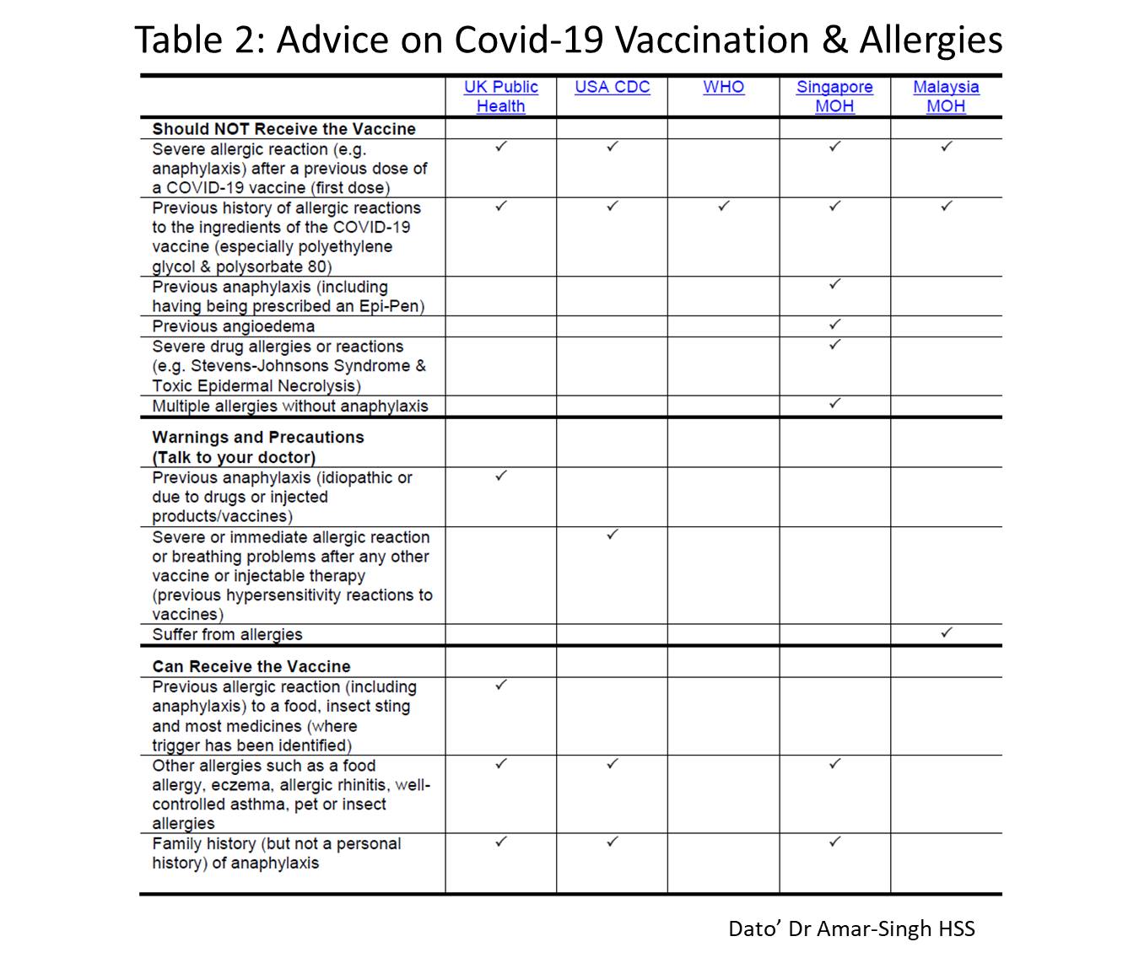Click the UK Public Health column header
pos(500,96)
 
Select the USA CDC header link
pos(612,87)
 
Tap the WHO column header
pos(723,87)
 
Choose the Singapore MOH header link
pos(834,96)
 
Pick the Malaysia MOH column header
pos(946,96)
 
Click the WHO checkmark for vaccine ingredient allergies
pos(724,206)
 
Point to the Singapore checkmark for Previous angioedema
pos(835,324)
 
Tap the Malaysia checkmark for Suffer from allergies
pos(947,632)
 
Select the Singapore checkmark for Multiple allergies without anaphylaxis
pos(835,403)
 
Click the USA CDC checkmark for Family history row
pos(613,842)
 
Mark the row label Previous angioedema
pos(233,326)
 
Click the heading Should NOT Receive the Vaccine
pos(283,129)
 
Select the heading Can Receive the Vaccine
pos(251,666)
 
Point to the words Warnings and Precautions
pos(258,438)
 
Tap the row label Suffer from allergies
pos(227,635)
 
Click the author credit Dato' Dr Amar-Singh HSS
pos(851,929)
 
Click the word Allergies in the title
pos(931,40)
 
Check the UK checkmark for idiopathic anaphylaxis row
pos(501,476)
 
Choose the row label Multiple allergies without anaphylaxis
pos(290,406)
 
